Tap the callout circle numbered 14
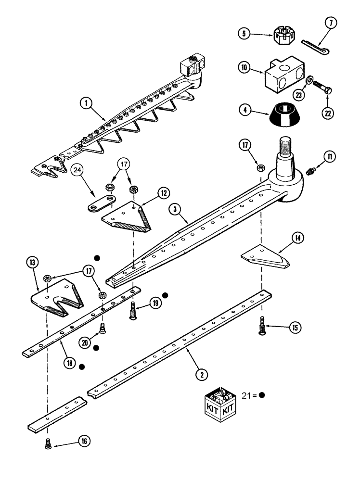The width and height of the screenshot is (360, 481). [x=297, y=237]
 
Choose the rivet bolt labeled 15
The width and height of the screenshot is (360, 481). [x=262, y=328]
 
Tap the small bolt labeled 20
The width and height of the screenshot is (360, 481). [x=102, y=329]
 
